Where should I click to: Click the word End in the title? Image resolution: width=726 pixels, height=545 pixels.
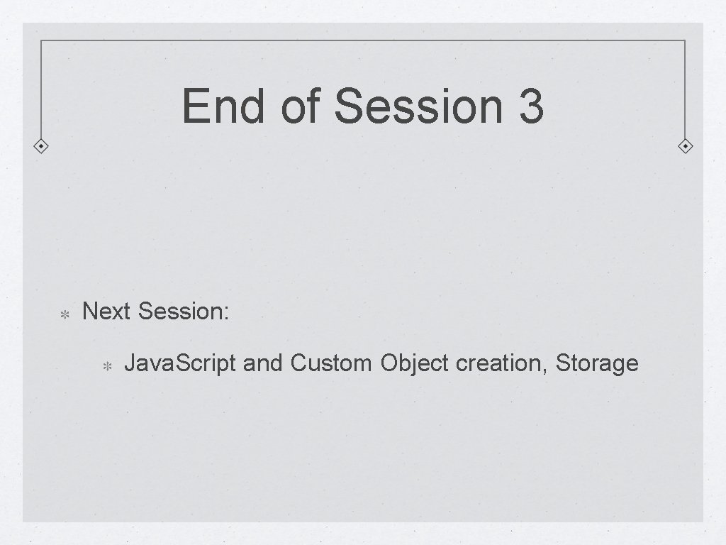225,105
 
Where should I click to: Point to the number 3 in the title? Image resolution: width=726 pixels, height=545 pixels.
531,105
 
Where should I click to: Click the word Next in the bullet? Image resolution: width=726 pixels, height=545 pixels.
107,311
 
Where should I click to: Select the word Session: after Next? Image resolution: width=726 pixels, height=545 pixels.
184,311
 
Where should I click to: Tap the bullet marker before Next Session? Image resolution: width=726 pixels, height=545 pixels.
62,313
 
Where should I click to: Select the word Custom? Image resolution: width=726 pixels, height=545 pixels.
330,364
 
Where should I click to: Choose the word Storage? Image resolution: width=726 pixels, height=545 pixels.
597,364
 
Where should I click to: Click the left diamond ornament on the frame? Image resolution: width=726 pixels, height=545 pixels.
41,147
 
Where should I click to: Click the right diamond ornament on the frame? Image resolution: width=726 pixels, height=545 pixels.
685,147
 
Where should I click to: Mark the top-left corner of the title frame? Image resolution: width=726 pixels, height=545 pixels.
41,40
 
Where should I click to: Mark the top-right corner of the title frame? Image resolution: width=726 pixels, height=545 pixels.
685,40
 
